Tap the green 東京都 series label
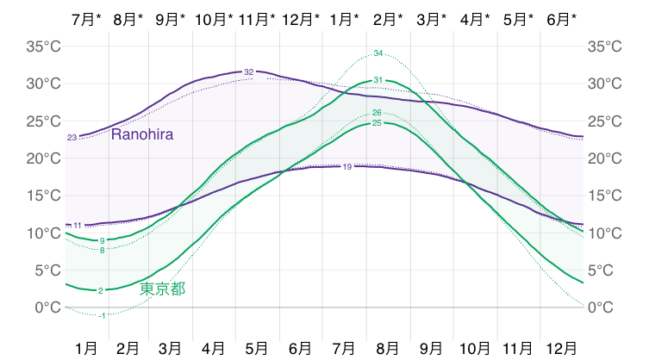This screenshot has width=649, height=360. point(162,289)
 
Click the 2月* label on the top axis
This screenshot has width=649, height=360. point(388,18)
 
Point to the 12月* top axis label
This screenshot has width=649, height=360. point(301,18)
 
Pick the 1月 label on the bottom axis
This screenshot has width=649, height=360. point(86,348)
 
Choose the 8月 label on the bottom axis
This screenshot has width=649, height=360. point(388,348)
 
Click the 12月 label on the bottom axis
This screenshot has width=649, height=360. point(562,348)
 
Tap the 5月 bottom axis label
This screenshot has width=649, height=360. point(257,348)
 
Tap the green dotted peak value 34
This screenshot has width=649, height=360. point(378,54)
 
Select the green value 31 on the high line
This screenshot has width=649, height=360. point(378,80)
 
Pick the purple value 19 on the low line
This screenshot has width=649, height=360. point(347,166)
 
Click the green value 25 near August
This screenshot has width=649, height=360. point(377,123)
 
